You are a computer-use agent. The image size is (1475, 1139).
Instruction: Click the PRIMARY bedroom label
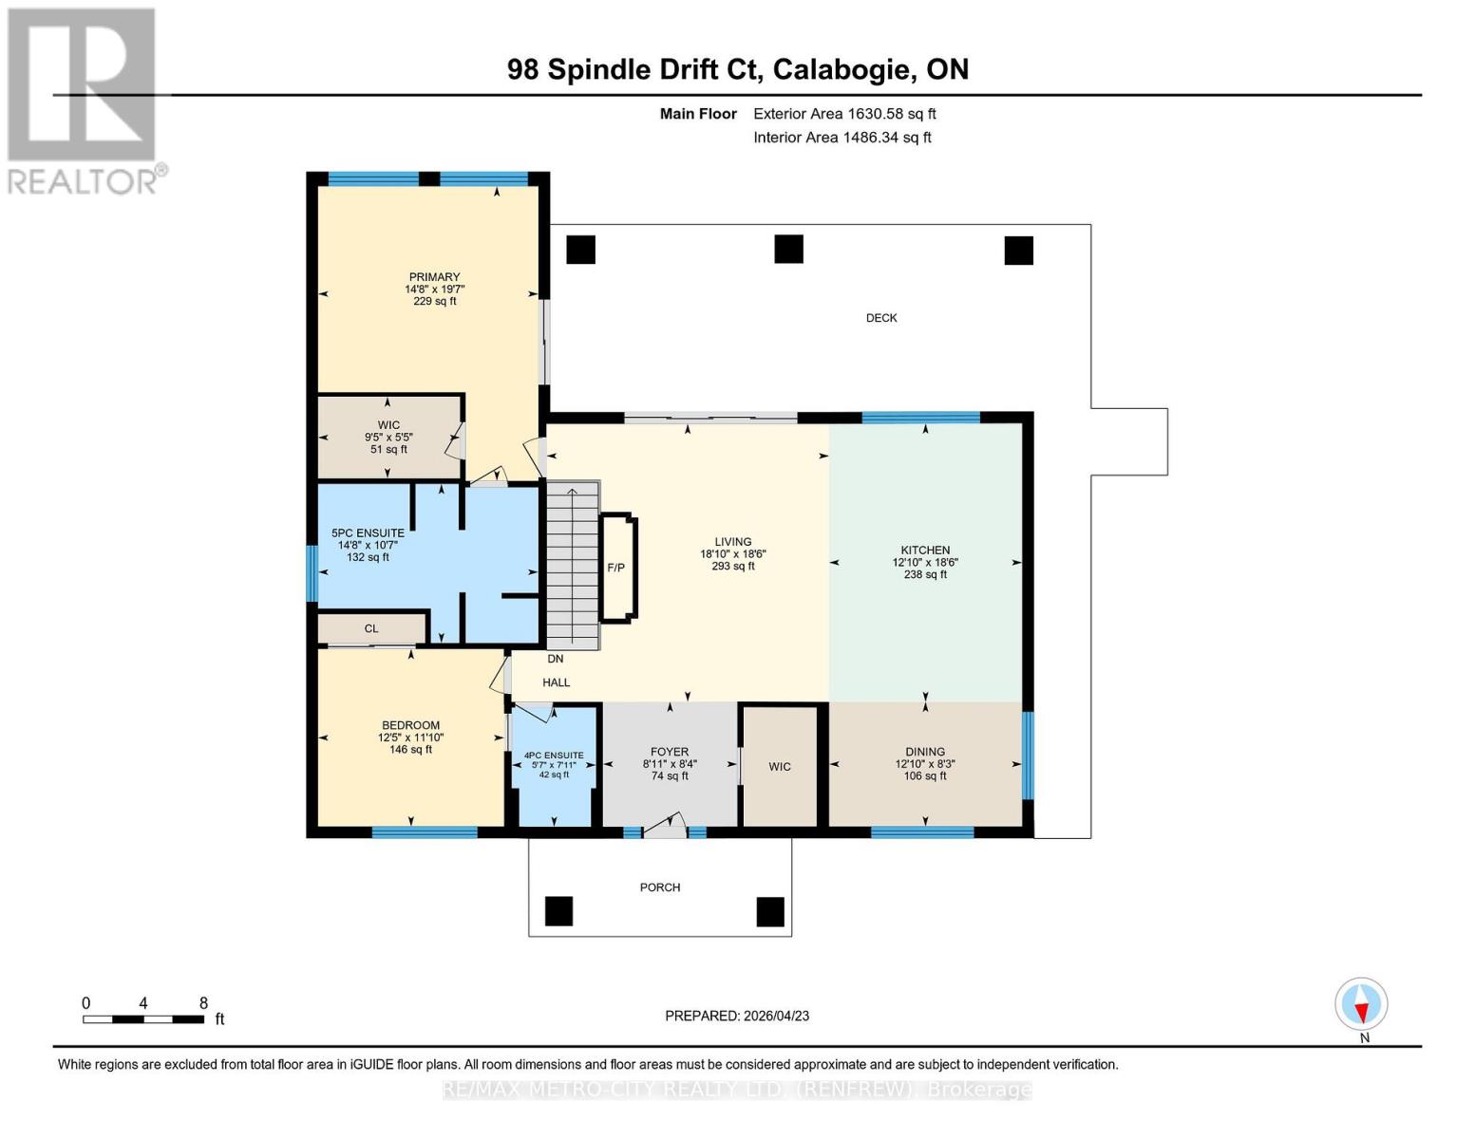coord(434,277)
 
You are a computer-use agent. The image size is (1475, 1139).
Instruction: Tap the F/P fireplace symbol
coord(616,568)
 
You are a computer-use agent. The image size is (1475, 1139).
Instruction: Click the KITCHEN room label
coord(925,550)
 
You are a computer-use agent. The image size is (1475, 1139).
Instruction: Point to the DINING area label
coord(925,752)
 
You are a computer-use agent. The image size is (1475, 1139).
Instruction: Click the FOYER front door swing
coord(668,825)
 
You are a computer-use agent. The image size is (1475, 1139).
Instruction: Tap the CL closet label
coord(371,628)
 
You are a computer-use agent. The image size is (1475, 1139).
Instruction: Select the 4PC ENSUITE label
coord(554,756)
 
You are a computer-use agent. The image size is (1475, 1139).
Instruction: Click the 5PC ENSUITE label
coord(368,533)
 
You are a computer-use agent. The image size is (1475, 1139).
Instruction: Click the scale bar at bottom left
coord(143,1019)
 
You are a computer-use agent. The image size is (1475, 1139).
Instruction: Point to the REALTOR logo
coord(84,100)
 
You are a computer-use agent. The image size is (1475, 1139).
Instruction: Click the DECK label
coord(881,318)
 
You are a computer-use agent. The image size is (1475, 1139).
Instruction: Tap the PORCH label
coord(660,887)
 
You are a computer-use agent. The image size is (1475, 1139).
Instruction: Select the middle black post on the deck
coord(788,250)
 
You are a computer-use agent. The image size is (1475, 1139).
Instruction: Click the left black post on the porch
coord(559,911)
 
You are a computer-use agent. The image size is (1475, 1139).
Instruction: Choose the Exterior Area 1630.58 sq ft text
coord(844,114)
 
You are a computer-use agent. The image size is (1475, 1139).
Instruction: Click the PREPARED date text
coord(737,1016)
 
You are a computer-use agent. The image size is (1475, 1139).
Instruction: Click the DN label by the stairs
coord(556,659)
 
